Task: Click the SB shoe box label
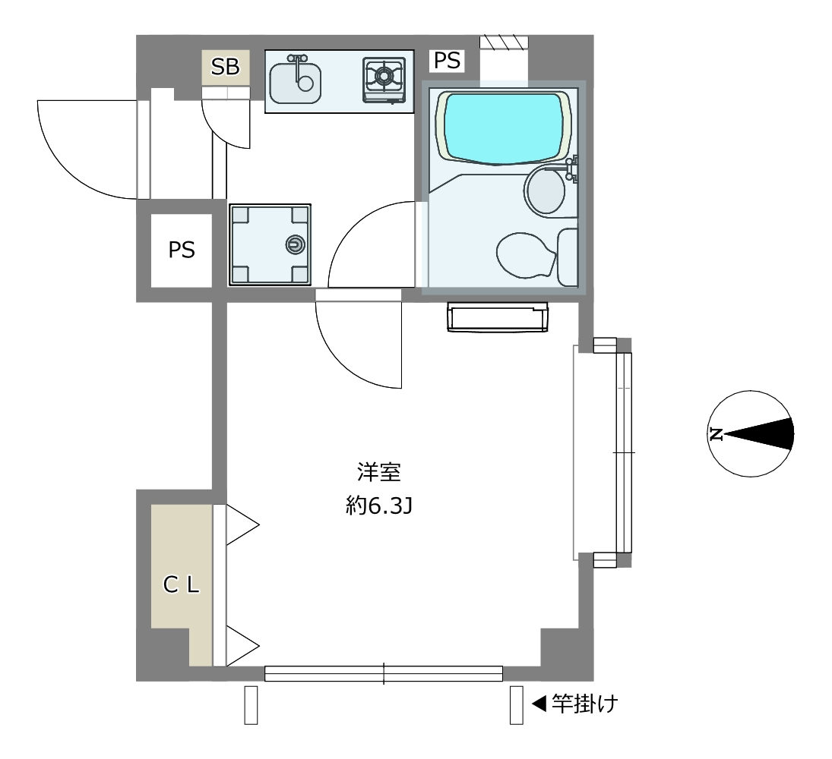[226, 67]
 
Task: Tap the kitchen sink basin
[295, 83]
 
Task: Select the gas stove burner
[384, 77]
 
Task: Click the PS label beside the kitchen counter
[447, 61]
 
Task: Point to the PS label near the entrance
[182, 250]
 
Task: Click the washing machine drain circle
[295, 244]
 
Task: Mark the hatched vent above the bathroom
[504, 43]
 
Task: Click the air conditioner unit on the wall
[497, 317]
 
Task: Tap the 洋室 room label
[378, 472]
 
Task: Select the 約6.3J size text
[379, 507]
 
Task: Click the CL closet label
[182, 584]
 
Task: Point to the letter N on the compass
[716, 434]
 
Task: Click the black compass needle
[759, 434]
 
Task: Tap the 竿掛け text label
[585, 704]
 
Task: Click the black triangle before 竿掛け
[539, 704]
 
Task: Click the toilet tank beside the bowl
[568, 257]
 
